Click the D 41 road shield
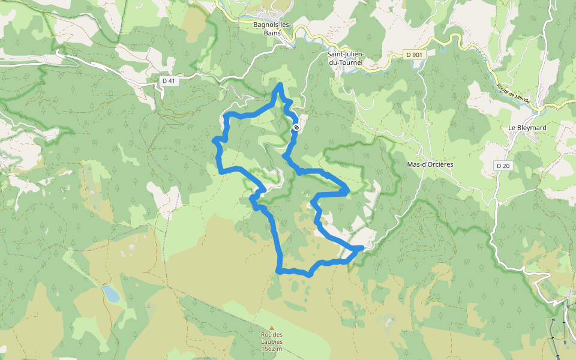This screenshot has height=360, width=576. pos(170,81)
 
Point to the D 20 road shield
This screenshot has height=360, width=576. pos(502,165)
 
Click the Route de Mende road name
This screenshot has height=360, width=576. pos(513,92)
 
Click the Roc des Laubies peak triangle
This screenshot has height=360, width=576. pos(272,328)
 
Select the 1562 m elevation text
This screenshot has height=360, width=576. pos(272,349)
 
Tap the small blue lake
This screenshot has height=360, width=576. pos(111,293)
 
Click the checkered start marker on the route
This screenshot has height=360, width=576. pos(296,127)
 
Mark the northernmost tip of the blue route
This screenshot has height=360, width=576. pos(280,85)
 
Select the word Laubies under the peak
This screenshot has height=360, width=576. pos(272,341)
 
